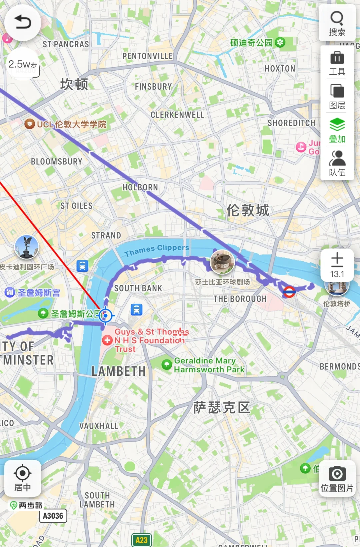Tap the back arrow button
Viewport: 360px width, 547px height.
tap(23, 23)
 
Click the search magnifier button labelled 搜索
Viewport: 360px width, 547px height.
tap(337, 23)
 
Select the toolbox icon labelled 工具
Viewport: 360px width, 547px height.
tap(337, 63)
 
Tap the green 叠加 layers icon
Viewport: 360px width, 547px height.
tap(337, 130)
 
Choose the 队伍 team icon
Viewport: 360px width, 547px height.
tap(337, 163)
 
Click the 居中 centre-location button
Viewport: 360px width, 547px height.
tap(23, 478)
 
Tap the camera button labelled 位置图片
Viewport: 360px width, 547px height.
tap(337, 478)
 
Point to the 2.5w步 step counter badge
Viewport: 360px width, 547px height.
tap(23, 64)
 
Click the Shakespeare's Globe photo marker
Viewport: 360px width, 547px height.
tap(222, 262)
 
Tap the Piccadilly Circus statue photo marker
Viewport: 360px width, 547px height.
tap(27, 247)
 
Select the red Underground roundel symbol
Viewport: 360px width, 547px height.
tap(289, 292)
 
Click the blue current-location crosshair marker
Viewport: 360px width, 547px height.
tap(106, 315)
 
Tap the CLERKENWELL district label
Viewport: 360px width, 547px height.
tap(177, 115)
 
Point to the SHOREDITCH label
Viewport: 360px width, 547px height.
tap(291, 123)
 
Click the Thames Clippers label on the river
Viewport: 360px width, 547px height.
tap(157, 250)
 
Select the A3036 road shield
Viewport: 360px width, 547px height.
tap(53, 516)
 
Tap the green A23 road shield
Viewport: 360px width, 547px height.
tap(141, 540)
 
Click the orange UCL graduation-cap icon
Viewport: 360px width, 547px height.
tap(30, 124)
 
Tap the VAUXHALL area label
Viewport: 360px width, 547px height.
tap(99, 426)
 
